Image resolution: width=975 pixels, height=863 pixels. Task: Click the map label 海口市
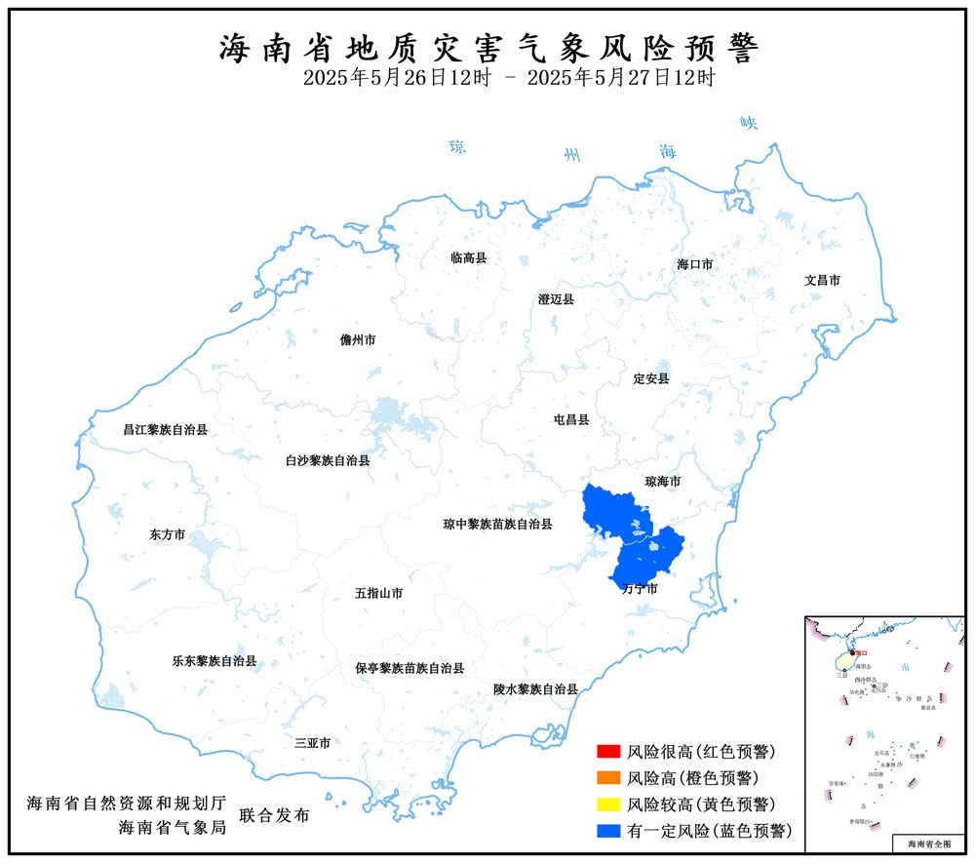pos(695,264)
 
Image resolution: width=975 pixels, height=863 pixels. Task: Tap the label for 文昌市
pos(822,280)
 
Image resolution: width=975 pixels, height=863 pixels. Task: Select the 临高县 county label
pos(468,257)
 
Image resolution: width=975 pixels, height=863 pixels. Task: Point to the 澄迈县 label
pos(556,299)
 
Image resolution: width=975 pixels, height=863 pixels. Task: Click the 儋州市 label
pos(357,340)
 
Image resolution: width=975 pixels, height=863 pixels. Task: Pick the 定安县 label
pos(651,377)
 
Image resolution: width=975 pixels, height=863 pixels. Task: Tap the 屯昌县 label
pos(571,420)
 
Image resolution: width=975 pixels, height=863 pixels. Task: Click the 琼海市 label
pos(663,482)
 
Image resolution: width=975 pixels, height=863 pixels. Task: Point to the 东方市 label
pos(167,534)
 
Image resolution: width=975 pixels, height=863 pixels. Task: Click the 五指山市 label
pos(379,593)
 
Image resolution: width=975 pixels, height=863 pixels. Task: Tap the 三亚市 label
pos(312,743)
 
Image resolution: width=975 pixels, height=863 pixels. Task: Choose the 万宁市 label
pos(639,589)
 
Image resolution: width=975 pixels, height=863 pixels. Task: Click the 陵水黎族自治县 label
pos(535,688)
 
